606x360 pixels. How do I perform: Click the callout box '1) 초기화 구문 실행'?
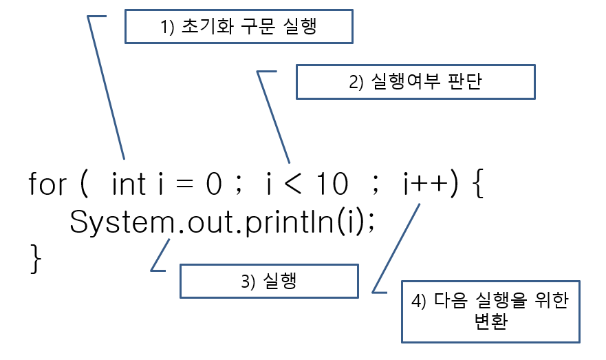click(x=238, y=26)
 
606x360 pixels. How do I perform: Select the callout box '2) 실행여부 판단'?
click(x=415, y=82)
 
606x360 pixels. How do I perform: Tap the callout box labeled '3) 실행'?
click(x=268, y=282)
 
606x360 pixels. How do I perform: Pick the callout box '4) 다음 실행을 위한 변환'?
click(x=491, y=312)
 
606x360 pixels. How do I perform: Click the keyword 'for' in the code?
click(x=47, y=184)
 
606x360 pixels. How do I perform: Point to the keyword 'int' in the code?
click(x=128, y=184)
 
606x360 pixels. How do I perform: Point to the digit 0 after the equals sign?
click(x=213, y=184)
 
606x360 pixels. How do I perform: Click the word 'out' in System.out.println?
click(x=206, y=222)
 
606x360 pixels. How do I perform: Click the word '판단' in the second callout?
click(x=464, y=82)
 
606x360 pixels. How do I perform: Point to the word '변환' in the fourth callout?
click(x=491, y=322)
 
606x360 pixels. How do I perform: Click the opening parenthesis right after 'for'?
click(x=83, y=184)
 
